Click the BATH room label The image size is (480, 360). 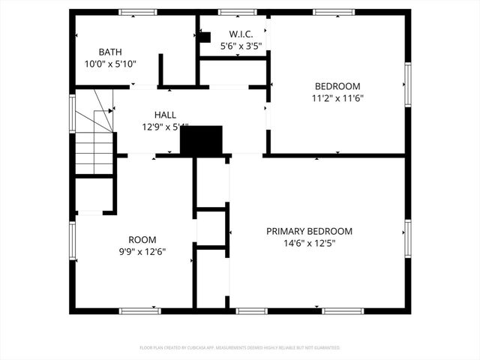pyautogui.click(x=110, y=52)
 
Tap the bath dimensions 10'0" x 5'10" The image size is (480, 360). pyautogui.click(x=110, y=64)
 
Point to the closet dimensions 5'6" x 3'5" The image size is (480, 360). pyautogui.click(x=241, y=46)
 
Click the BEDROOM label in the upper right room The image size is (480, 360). pyautogui.click(x=337, y=86)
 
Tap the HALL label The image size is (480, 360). pyautogui.click(x=165, y=115)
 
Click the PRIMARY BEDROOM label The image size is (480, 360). pyautogui.click(x=309, y=232)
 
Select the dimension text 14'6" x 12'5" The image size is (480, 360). pyautogui.click(x=309, y=243)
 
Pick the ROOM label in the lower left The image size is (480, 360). pyautogui.click(x=142, y=240)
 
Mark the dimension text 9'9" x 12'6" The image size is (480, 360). pyautogui.click(x=142, y=252)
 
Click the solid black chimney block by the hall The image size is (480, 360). pyautogui.click(x=202, y=140)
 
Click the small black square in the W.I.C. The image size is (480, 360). pyautogui.click(x=205, y=36)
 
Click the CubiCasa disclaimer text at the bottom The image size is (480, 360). pyautogui.click(x=240, y=348)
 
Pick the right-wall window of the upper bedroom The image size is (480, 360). pyautogui.click(x=408, y=82)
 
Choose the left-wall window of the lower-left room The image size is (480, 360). pyautogui.click(x=73, y=240)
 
